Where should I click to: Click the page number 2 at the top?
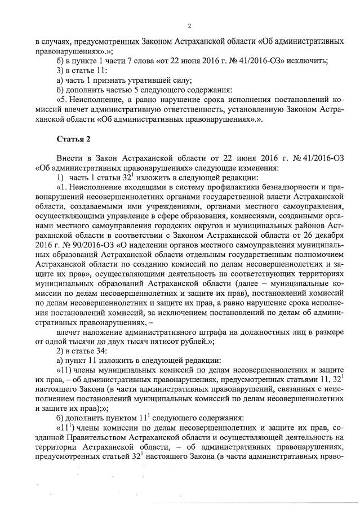click(189, 26)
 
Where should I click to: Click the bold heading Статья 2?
click(73, 138)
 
